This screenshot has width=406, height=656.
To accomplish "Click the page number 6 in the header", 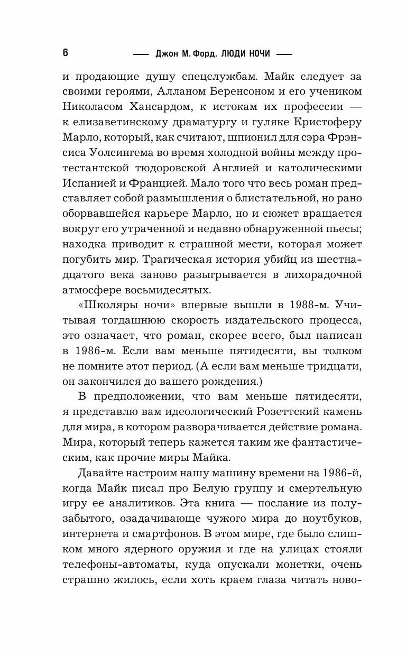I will (65, 53).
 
